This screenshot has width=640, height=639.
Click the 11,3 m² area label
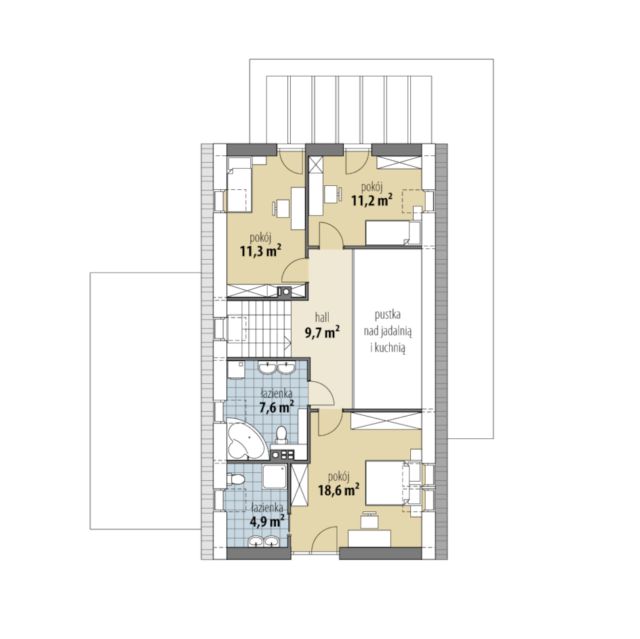[x=261, y=250]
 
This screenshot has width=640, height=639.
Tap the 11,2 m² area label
[x=372, y=199]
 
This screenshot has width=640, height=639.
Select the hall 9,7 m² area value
[x=323, y=332]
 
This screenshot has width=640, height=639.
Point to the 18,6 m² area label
[x=339, y=489]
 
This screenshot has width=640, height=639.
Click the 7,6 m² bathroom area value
[x=277, y=407]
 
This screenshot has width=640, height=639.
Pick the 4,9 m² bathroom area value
[x=268, y=521]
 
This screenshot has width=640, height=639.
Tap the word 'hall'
[x=322, y=317]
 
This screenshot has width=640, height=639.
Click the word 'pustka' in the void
[x=387, y=315]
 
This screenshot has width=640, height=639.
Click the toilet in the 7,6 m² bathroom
[x=281, y=434]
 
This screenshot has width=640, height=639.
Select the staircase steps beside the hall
[x=258, y=328]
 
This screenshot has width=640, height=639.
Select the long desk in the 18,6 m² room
[x=369, y=538]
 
